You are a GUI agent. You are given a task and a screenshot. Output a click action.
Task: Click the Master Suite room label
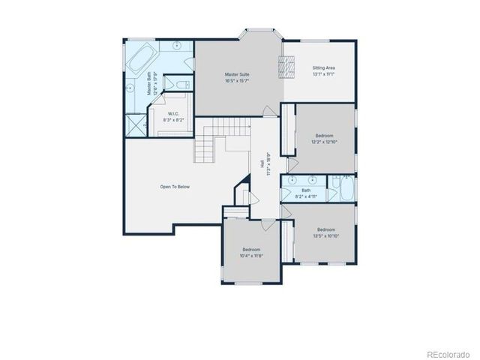[238, 74]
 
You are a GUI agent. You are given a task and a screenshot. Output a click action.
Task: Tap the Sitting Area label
[323, 68]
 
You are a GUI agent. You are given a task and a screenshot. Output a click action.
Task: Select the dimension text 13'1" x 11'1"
[323, 74]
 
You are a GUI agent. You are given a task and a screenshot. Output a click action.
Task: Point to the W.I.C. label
[173, 113]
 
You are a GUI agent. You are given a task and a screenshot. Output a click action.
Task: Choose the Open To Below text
[175, 186]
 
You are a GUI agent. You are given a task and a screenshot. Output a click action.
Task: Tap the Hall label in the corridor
[262, 163]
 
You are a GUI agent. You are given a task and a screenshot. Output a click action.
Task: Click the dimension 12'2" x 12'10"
[324, 141]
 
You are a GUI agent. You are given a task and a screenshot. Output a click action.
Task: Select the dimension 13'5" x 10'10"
[325, 235]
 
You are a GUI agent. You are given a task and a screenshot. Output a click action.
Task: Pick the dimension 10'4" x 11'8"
[250, 255]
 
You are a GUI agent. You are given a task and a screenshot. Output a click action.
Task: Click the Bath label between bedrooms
[306, 190]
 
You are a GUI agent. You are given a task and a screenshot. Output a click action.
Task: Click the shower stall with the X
[135, 124]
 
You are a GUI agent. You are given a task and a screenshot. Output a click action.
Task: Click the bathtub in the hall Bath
[347, 189]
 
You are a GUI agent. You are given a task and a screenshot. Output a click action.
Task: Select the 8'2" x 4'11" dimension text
[306, 196]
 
